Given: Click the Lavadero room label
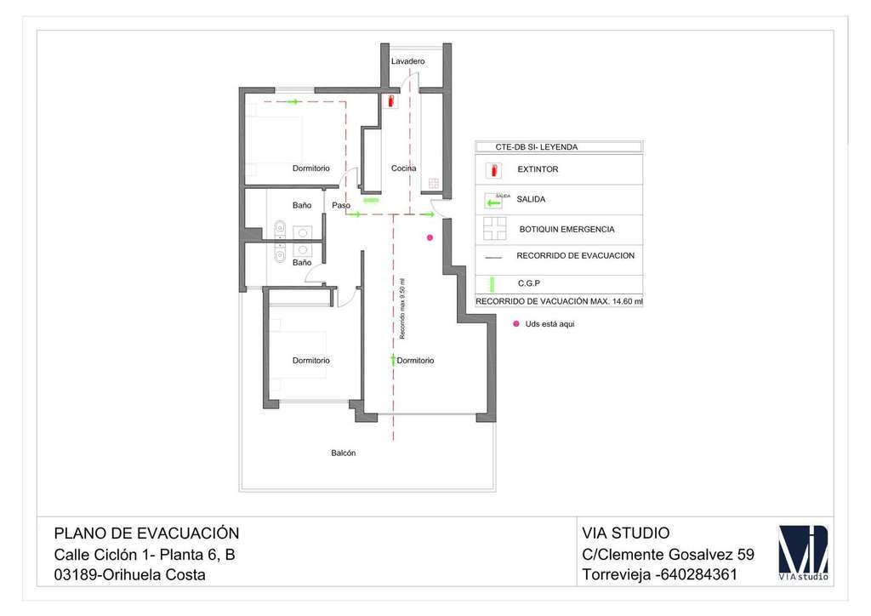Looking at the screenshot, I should [x=407, y=61].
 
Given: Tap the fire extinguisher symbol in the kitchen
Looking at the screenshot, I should [x=390, y=101].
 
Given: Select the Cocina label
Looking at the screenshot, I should [x=404, y=168].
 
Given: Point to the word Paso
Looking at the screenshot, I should [x=341, y=205].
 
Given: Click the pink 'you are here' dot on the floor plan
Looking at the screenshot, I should [x=430, y=237].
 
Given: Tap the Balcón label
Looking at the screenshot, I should [x=344, y=453].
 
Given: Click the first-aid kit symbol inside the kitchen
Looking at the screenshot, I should [x=433, y=183].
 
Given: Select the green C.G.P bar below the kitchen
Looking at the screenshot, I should [x=371, y=201].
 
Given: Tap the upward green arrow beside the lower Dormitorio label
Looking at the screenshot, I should [x=392, y=361].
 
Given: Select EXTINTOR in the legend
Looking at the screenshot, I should [x=538, y=169].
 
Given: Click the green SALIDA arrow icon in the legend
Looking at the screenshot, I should [x=493, y=202].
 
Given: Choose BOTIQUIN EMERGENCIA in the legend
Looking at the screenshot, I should [x=566, y=230].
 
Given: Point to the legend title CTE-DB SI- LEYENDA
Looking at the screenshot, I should [x=524, y=147].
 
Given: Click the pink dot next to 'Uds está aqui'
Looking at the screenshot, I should [x=515, y=323].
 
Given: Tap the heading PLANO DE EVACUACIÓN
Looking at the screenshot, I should [x=146, y=533].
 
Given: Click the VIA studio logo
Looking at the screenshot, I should [x=803, y=553].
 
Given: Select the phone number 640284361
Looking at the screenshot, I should [x=697, y=574].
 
